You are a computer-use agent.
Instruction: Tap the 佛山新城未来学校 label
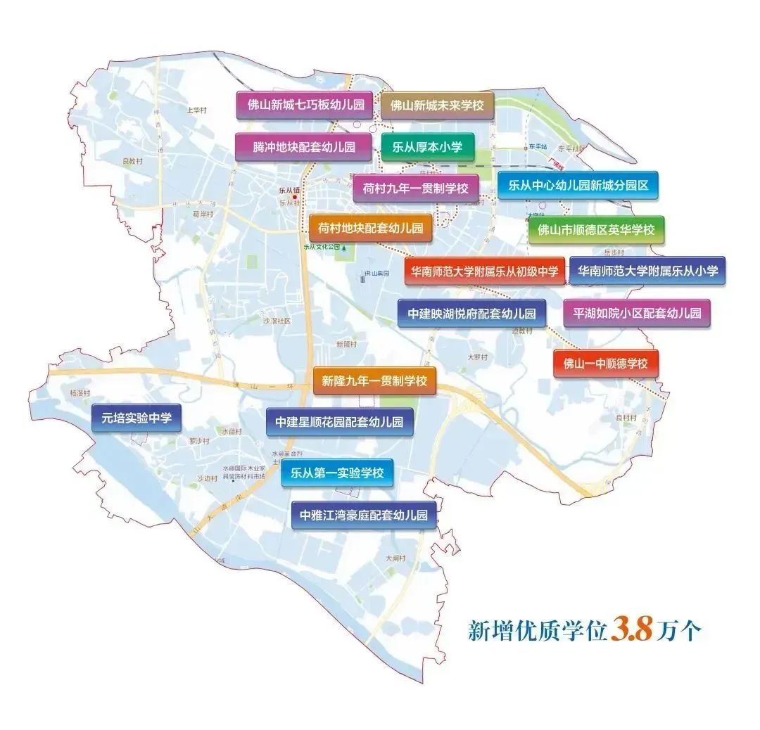[x=437, y=105]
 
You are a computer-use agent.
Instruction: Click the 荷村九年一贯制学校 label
[x=415, y=188]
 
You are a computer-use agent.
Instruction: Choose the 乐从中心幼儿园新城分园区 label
[x=578, y=186]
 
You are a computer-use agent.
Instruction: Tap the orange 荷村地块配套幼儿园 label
[x=370, y=228]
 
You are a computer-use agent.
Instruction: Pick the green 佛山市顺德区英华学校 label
[x=596, y=229]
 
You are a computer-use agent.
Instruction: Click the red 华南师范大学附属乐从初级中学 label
[x=484, y=270]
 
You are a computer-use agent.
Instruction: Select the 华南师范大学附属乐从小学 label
[x=647, y=270]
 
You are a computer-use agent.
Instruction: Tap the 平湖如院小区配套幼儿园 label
[x=637, y=312]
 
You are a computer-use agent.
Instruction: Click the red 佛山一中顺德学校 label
[x=605, y=364]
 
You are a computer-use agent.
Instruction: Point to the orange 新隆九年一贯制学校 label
[x=374, y=380]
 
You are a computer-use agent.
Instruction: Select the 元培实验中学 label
[x=137, y=418]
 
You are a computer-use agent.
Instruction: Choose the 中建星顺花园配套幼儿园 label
[x=339, y=422]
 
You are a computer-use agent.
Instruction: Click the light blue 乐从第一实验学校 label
[x=337, y=473]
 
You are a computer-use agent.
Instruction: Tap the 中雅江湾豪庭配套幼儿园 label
[x=363, y=514]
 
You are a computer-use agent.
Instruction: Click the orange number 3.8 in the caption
[x=632, y=628]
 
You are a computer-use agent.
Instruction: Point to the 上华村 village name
[x=196, y=110]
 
